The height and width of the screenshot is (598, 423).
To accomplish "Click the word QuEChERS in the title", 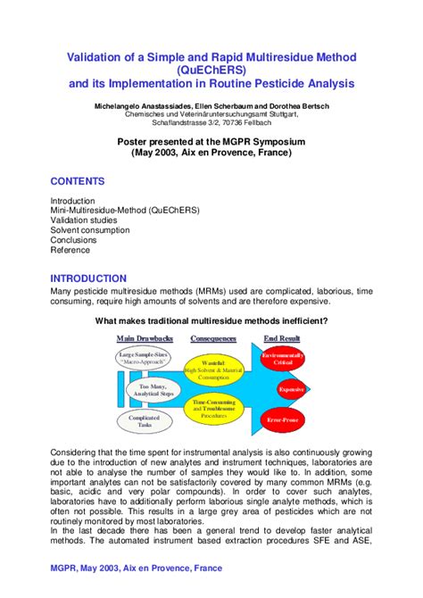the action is click(211, 71).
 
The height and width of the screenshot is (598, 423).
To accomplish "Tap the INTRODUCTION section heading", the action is click(88, 278).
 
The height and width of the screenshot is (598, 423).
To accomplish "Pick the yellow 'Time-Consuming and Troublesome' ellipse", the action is click(213, 408).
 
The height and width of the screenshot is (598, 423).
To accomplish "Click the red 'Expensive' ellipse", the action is click(292, 389).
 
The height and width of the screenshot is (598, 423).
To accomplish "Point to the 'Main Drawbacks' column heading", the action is click(144, 339).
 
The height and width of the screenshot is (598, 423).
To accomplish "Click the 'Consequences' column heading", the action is click(213, 339).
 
